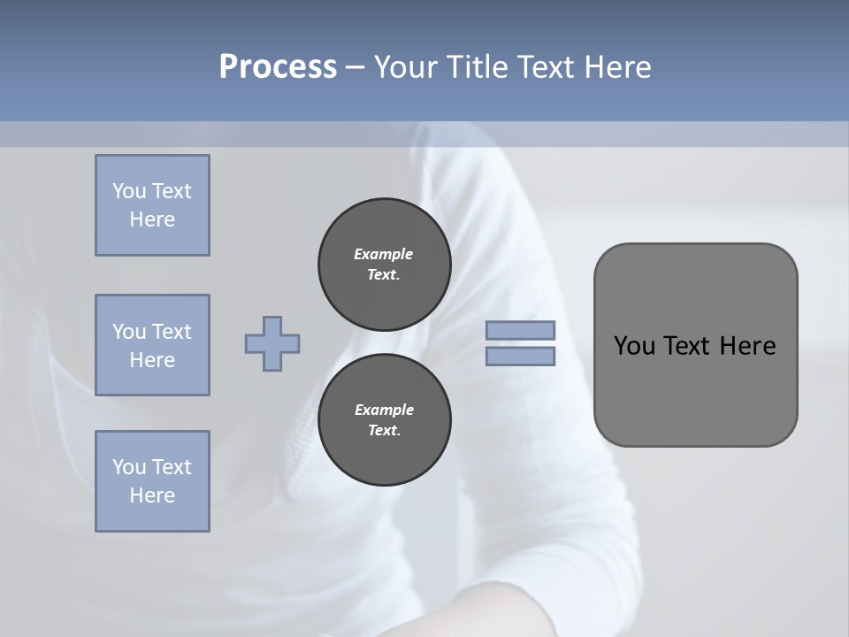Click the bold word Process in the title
(x=278, y=67)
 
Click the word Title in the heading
(x=476, y=67)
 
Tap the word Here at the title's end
(x=617, y=67)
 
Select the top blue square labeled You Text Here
(x=152, y=205)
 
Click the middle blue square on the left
(x=152, y=345)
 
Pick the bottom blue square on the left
(x=152, y=481)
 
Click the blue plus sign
(x=272, y=344)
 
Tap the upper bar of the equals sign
(x=520, y=331)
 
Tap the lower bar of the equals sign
(x=520, y=357)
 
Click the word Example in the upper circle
(x=383, y=254)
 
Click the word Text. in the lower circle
(x=384, y=431)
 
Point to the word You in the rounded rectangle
(x=633, y=346)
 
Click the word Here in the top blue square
(x=152, y=219)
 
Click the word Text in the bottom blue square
(x=172, y=467)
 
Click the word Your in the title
(x=402, y=67)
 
